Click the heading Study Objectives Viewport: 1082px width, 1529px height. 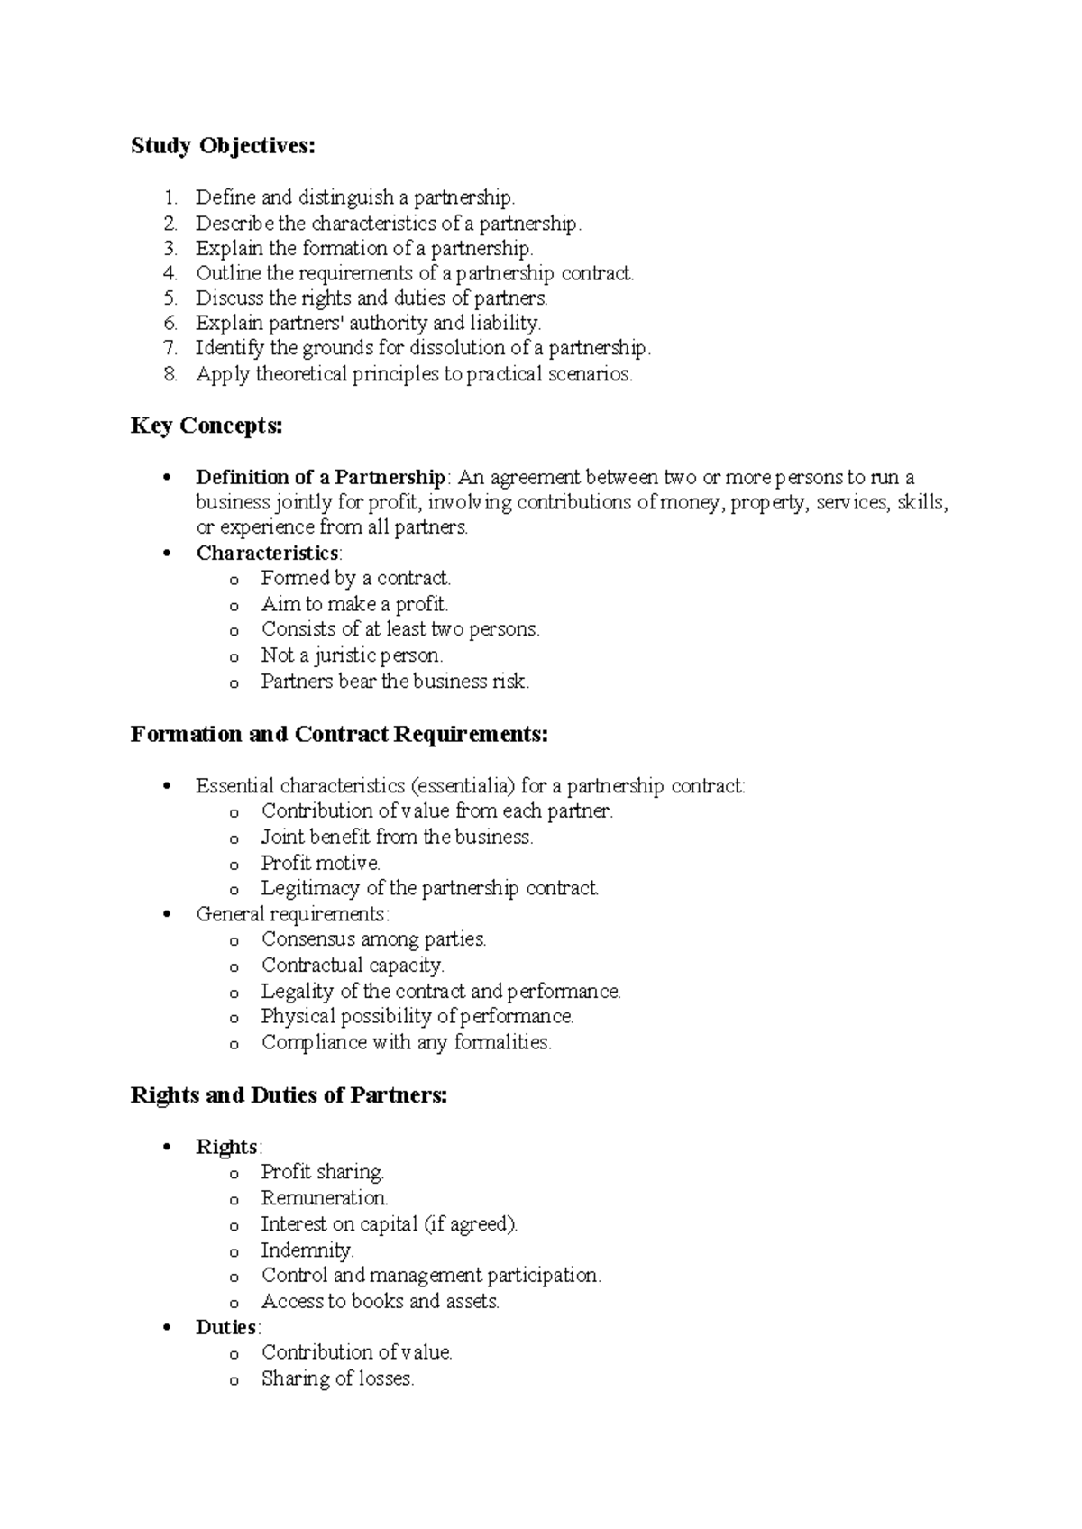(x=223, y=146)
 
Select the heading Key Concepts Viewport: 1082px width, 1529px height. (x=206, y=426)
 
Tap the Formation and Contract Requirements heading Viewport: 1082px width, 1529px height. (x=339, y=734)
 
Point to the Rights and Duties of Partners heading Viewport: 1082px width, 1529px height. (x=289, y=1095)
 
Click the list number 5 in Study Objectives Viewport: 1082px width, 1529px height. (x=171, y=298)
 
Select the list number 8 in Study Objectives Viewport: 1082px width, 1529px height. (x=171, y=374)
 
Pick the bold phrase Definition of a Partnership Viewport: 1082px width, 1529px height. (x=320, y=477)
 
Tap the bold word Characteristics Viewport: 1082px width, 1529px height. (x=267, y=553)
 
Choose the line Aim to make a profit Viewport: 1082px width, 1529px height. (x=354, y=604)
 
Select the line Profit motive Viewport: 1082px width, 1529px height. (x=321, y=863)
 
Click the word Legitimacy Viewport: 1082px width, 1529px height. (x=310, y=888)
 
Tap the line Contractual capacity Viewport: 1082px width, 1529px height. (x=353, y=966)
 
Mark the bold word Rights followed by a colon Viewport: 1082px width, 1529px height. (x=227, y=1147)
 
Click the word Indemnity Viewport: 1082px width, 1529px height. (x=307, y=1250)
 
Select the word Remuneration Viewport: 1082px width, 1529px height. (x=324, y=1198)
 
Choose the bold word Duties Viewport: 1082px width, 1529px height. (x=226, y=1327)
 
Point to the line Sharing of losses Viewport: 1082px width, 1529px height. (x=337, y=1378)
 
